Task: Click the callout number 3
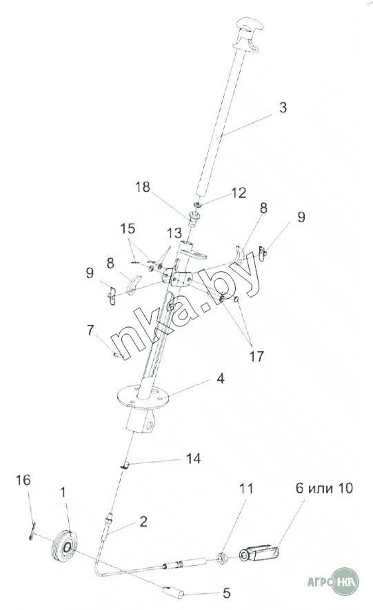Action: pyautogui.click(x=283, y=108)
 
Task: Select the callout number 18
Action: pyautogui.click(x=143, y=187)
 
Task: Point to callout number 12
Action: pyautogui.click(x=239, y=193)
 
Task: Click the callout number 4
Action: pyautogui.click(x=221, y=378)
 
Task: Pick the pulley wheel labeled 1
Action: pyautogui.click(x=65, y=547)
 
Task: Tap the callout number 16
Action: pyautogui.click(x=23, y=480)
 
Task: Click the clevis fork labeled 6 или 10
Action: pyautogui.click(x=259, y=553)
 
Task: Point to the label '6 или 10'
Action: pyautogui.click(x=325, y=488)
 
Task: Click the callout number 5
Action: pyautogui.click(x=227, y=593)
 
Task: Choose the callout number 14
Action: pyautogui.click(x=193, y=458)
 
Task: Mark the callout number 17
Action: pyautogui.click(x=256, y=356)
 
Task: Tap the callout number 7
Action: pyautogui.click(x=90, y=331)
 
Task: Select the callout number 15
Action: pyautogui.click(x=128, y=228)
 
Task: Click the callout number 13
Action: pyautogui.click(x=174, y=233)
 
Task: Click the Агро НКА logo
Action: pyautogui.click(x=333, y=582)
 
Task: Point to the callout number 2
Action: pyautogui.click(x=143, y=522)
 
